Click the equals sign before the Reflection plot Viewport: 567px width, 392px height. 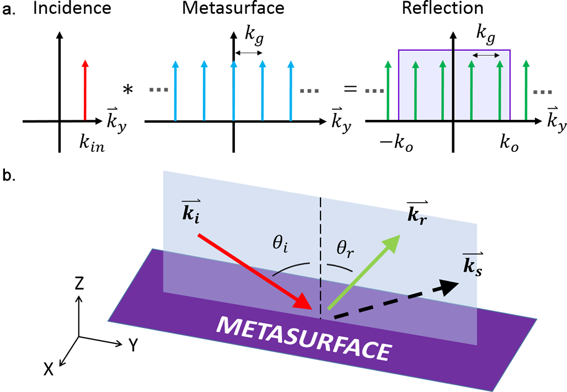350,88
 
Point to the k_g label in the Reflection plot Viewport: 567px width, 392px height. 485,38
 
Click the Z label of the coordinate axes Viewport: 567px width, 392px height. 79,284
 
